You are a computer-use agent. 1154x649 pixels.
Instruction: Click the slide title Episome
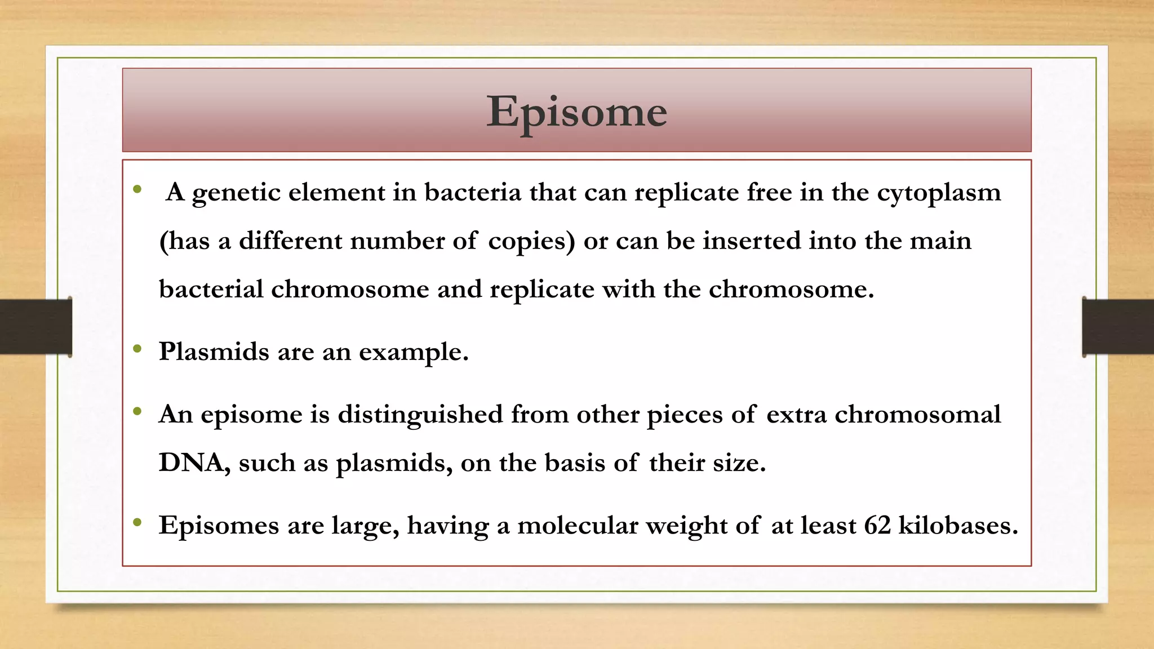[576, 112]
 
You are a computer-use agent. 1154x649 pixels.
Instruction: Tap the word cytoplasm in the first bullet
[939, 193]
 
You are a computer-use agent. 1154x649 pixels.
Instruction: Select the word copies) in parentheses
[531, 241]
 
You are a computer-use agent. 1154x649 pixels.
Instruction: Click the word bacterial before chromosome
[211, 290]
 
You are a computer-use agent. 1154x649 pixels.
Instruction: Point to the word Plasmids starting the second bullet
[214, 352]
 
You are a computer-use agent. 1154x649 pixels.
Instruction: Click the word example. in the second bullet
[414, 352]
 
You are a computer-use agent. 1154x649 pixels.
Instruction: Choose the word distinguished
[420, 415]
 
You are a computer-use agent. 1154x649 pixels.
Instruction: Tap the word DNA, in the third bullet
[194, 463]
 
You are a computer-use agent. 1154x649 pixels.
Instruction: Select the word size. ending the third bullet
[739, 463]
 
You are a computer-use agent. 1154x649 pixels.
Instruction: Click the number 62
[877, 526]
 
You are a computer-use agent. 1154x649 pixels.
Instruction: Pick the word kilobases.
[958, 526]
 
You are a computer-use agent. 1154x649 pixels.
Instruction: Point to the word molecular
[578, 526]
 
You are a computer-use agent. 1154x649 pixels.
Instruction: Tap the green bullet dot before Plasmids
[137, 350]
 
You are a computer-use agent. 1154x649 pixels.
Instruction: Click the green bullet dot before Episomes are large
[137, 523]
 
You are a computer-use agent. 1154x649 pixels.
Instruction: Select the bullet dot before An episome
[137, 412]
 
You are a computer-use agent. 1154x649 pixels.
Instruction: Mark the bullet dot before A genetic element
[137, 190]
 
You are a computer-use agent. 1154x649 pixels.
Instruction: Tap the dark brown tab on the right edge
[1118, 327]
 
